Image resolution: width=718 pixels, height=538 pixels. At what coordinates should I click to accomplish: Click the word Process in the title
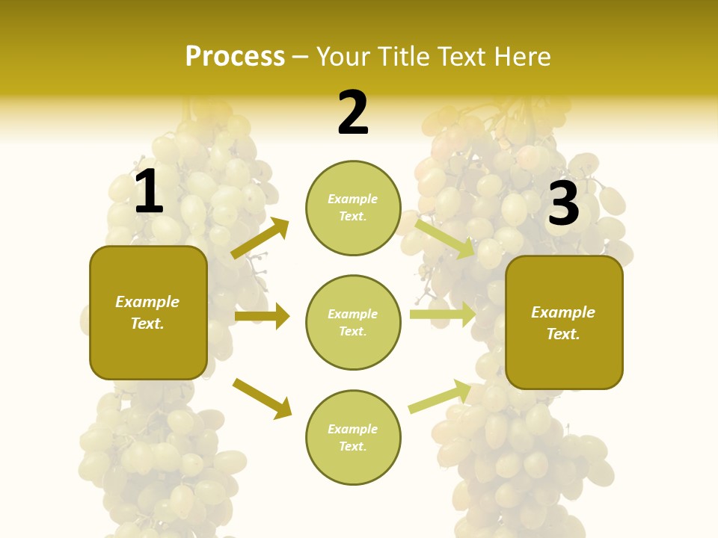(235, 57)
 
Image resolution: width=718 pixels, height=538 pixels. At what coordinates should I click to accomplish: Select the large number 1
(149, 192)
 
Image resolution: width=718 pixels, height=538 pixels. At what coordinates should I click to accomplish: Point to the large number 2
(353, 113)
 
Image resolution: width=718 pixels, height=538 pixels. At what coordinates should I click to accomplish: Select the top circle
(353, 208)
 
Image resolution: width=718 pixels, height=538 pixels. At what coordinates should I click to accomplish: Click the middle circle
(353, 322)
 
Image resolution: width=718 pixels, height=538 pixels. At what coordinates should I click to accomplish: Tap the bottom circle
(353, 437)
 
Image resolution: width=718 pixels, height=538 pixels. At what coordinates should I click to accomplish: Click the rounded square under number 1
(148, 312)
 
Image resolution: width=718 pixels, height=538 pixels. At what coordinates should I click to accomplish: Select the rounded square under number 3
(564, 322)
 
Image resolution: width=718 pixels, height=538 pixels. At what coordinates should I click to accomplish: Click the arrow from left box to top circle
(260, 238)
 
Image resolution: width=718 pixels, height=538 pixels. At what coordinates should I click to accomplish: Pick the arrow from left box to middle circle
(262, 316)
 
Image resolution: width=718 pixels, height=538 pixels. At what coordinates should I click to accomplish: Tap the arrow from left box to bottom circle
(262, 398)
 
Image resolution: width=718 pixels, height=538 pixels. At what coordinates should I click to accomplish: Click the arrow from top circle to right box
(445, 238)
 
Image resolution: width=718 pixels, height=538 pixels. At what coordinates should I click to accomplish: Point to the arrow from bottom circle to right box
(440, 397)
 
